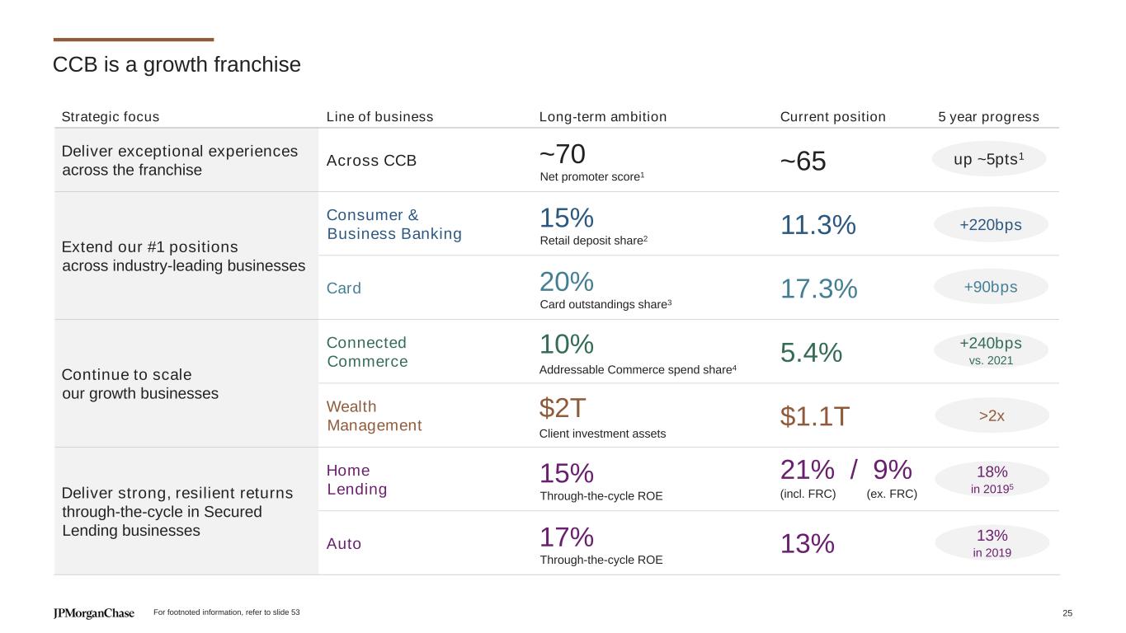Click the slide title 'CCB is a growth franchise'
tap(177, 64)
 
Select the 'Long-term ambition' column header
tap(602, 117)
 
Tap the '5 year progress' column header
tap(988, 117)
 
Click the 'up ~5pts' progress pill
tap(989, 159)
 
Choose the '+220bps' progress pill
tap(990, 224)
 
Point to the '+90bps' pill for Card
tap(990, 287)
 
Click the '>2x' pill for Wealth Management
tap(992, 415)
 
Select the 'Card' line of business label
tap(344, 288)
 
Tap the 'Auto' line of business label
tap(344, 544)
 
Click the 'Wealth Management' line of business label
tap(374, 416)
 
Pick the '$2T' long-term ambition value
tap(563, 407)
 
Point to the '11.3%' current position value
tap(817, 225)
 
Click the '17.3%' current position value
tap(818, 288)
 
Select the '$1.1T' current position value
tap(814, 417)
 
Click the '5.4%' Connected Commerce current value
tap(811, 353)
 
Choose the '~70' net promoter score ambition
tap(562, 153)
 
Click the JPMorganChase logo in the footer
tap(93, 613)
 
